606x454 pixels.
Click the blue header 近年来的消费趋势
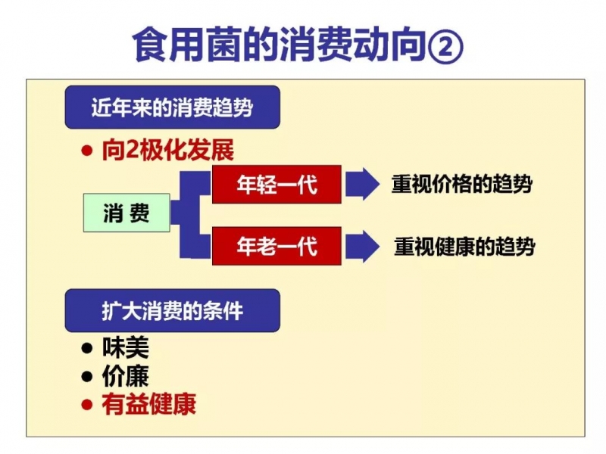173,107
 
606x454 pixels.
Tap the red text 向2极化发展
168,150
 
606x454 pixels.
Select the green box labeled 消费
127,213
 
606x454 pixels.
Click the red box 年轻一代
276,184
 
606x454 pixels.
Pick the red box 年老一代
276,246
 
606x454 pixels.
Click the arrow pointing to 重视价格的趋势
363,184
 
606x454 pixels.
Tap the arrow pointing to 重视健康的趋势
363,247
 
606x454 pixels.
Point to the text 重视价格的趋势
462,184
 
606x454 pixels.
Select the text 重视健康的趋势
464,247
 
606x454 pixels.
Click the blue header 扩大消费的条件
173,310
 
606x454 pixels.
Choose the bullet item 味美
126,347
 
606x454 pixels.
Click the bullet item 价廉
126,376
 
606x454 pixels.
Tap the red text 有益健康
149,404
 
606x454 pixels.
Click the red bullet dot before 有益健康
87,405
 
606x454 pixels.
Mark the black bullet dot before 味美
87,348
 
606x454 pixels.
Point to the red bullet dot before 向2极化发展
87,151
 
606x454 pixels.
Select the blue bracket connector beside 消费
191,215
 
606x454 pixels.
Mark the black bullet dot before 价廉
87,376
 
